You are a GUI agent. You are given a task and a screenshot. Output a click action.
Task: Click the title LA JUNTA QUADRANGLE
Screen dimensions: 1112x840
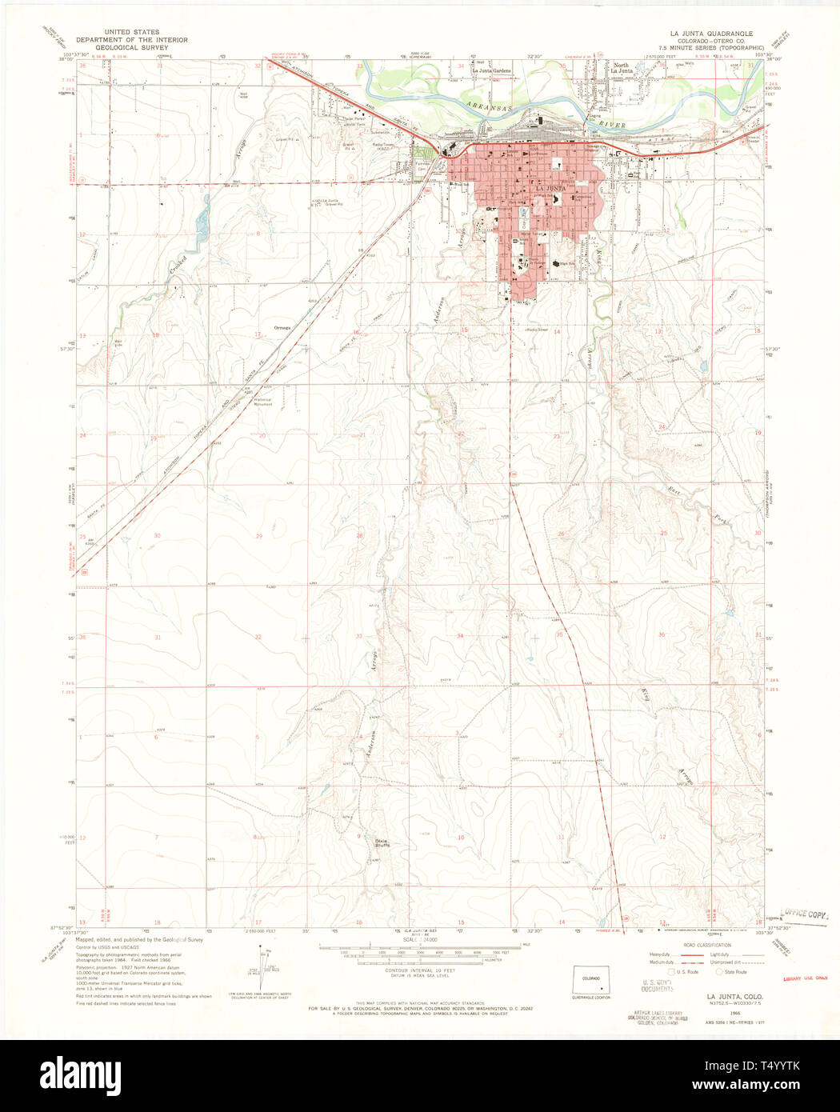tap(711, 34)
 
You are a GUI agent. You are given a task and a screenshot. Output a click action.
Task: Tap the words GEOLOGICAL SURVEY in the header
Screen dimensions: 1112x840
tap(131, 47)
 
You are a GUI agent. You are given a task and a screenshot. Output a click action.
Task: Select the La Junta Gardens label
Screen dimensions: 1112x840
tap(491, 71)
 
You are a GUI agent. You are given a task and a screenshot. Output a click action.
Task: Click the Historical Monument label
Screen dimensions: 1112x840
tap(263, 402)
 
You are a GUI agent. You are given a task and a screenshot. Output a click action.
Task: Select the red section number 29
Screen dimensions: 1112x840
tap(258, 535)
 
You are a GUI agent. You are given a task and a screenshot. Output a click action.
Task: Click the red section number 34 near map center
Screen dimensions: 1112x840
tap(460, 636)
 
